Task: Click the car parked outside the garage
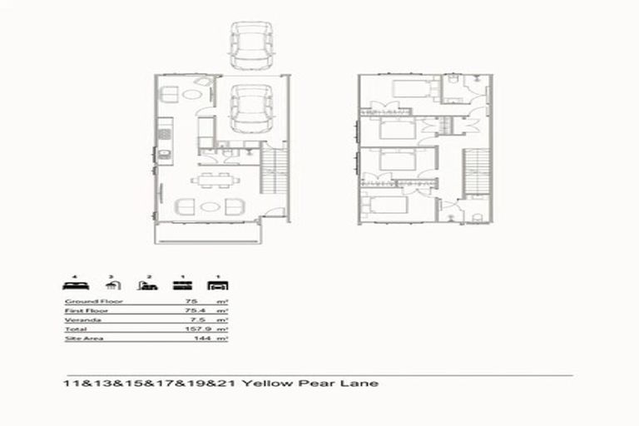[249, 47]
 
